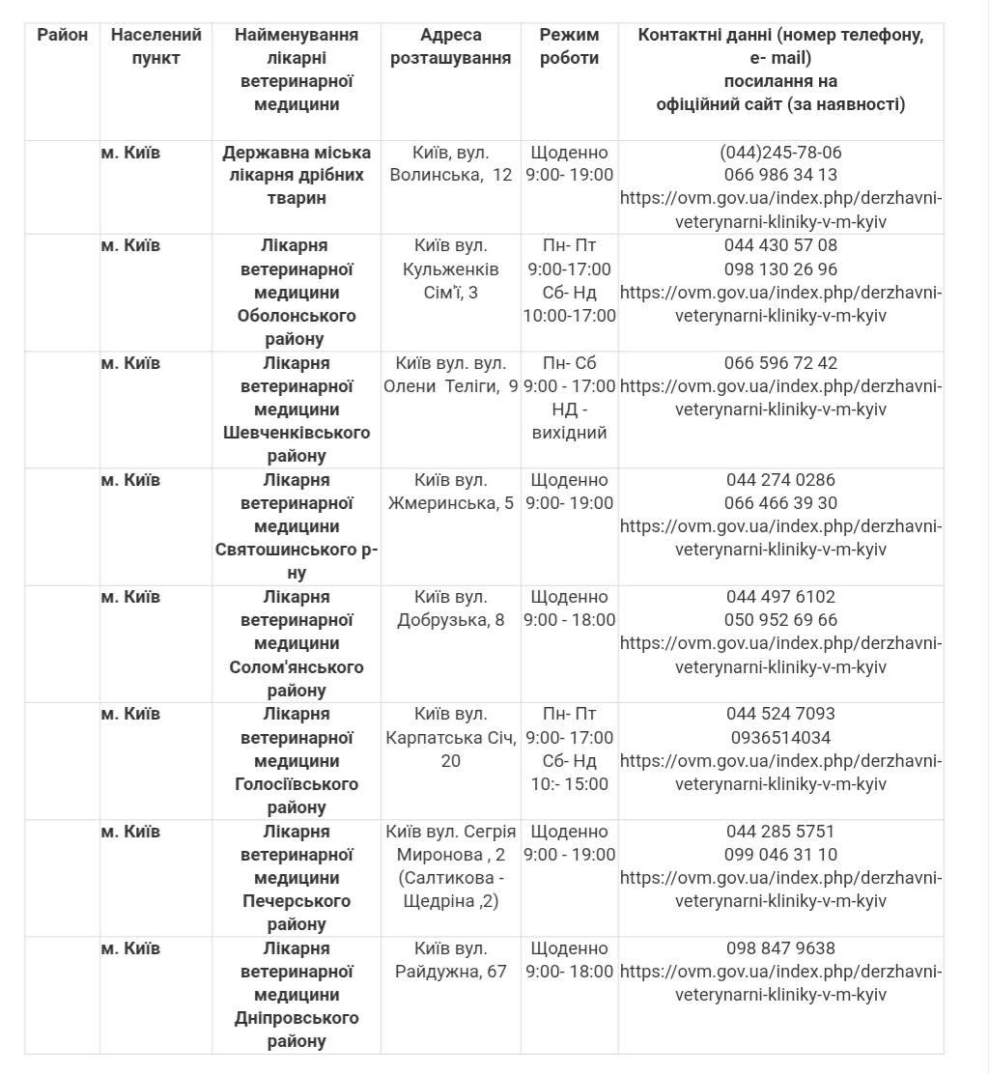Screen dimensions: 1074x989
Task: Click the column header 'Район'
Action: pyautogui.click(x=63, y=35)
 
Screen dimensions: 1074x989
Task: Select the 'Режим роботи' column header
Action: pyautogui.click(x=569, y=46)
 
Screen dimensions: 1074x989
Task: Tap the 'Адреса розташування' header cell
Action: pyautogui.click(x=450, y=46)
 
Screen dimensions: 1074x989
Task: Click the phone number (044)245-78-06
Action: pyautogui.click(x=780, y=153)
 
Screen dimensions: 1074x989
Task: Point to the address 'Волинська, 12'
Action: pyautogui.click(x=450, y=175)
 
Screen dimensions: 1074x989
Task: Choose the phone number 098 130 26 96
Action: pyautogui.click(x=780, y=269)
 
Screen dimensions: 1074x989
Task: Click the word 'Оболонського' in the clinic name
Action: pyautogui.click(x=297, y=316)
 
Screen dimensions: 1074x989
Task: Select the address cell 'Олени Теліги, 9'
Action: pyautogui.click(x=450, y=386)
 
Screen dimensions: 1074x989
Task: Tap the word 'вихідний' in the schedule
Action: pyautogui.click(x=569, y=433)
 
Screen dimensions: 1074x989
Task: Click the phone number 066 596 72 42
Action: pyautogui.click(x=780, y=363)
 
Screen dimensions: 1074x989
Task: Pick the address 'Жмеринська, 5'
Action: pyautogui.click(x=450, y=503)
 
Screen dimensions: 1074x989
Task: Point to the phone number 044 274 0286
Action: pyautogui.click(x=780, y=480)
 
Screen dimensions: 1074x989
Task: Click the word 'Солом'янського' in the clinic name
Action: pyautogui.click(x=297, y=667)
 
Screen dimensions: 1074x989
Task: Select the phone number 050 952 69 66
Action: pyautogui.click(x=780, y=620)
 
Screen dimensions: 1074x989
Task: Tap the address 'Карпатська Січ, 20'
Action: pyautogui.click(x=450, y=749)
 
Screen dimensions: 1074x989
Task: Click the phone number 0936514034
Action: pyautogui.click(x=780, y=738)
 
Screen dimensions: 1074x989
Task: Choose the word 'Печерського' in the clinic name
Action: pyautogui.click(x=297, y=901)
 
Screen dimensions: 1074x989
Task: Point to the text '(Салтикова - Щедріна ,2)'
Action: pyautogui.click(x=450, y=890)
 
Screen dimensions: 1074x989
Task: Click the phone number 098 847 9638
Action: pyautogui.click(x=780, y=948)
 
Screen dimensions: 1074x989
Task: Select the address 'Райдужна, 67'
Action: pyautogui.click(x=450, y=972)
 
